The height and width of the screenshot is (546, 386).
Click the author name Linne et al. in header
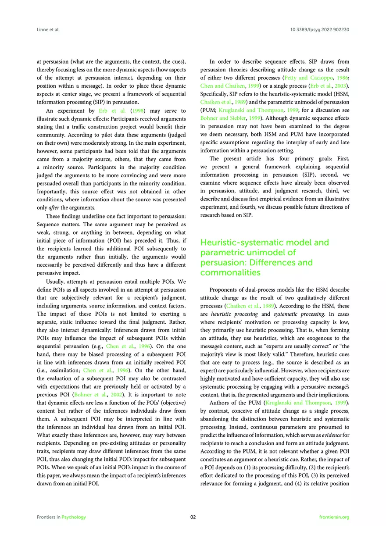tap(48, 29)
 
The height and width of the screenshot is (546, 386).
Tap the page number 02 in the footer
tap(193, 517)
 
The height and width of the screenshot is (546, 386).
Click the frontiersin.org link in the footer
tap(335, 517)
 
